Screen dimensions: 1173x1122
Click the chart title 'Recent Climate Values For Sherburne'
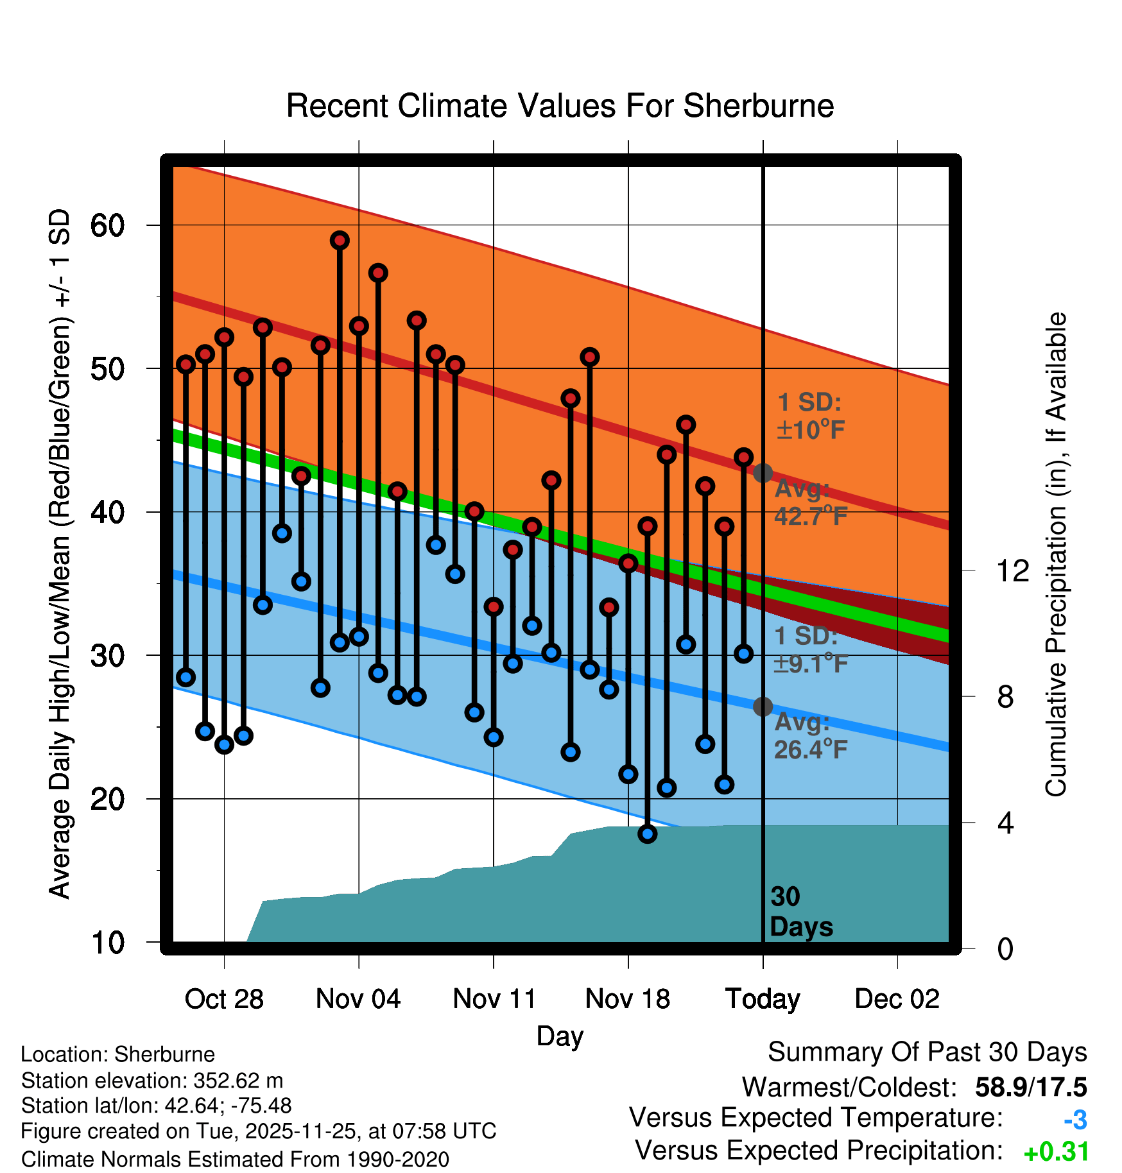560,106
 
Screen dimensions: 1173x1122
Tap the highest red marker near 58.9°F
340,241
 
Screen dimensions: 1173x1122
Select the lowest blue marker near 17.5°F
647,834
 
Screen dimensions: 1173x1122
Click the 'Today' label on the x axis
763,999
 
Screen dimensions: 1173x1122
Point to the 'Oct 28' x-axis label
224,999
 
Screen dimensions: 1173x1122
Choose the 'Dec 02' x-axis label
897,999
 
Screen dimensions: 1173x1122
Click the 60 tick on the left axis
107,226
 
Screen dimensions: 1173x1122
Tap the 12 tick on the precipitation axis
1012,570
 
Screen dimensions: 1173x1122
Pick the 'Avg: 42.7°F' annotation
811,502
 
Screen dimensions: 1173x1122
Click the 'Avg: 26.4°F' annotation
811,736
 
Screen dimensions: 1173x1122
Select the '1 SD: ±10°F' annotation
810,416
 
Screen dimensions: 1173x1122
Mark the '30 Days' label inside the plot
800,912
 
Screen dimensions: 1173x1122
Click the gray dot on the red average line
763,473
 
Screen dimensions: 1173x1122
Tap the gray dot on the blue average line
763,706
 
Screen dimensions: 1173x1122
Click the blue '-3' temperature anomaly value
1075,1120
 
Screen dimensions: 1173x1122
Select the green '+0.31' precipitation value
1056,1152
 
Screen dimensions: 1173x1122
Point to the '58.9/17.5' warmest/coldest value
1030,1087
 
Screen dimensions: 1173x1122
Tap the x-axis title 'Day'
560,1036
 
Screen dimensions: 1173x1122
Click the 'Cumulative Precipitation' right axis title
1056,555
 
